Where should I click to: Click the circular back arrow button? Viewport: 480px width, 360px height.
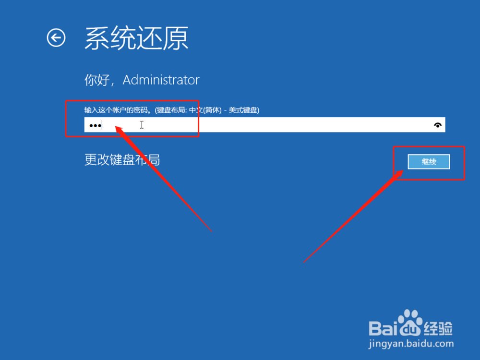(x=56, y=38)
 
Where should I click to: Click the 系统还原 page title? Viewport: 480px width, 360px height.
(x=136, y=38)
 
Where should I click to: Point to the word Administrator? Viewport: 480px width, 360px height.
(x=161, y=80)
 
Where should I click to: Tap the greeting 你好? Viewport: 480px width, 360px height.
(x=97, y=80)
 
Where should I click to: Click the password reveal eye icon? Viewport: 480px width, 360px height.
(x=438, y=125)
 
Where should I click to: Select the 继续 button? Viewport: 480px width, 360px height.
(x=429, y=162)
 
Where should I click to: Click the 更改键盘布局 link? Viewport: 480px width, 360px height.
(x=122, y=159)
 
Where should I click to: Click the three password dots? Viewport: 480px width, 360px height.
(x=95, y=125)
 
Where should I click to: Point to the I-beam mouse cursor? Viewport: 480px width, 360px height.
(x=142, y=125)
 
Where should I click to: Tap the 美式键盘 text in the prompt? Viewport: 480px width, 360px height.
(x=243, y=110)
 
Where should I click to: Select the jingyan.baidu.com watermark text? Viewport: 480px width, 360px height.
(x=411, y=344)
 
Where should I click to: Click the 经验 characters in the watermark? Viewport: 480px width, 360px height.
(x=438, y=328)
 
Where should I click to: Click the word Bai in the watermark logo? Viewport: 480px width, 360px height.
(x=383, y=328)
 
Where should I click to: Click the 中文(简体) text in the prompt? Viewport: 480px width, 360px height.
(x=205, y=110)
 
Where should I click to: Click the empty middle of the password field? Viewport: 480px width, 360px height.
(x=265, y=125)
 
